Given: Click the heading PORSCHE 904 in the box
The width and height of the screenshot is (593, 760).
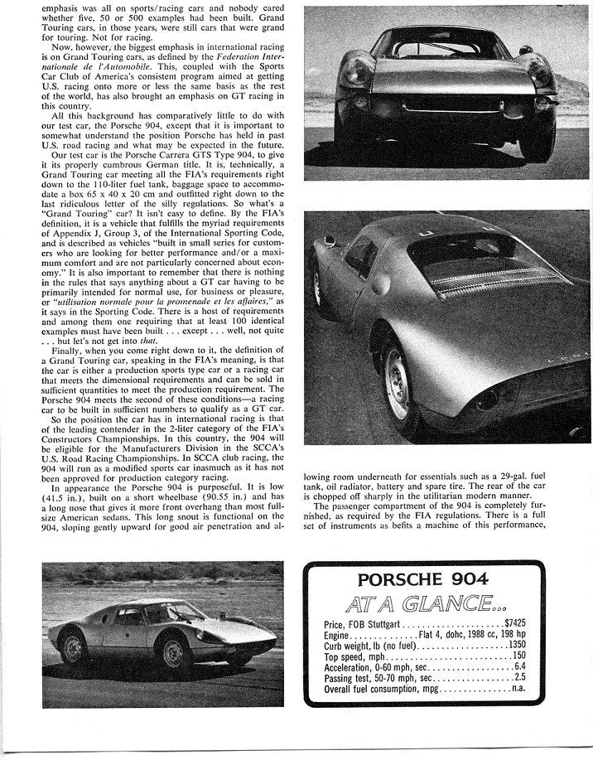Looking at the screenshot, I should pyautogui.click(x=423, y=580).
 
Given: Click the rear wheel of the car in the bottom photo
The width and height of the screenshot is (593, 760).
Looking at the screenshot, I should pyautogui.click(x=73, y=647).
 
